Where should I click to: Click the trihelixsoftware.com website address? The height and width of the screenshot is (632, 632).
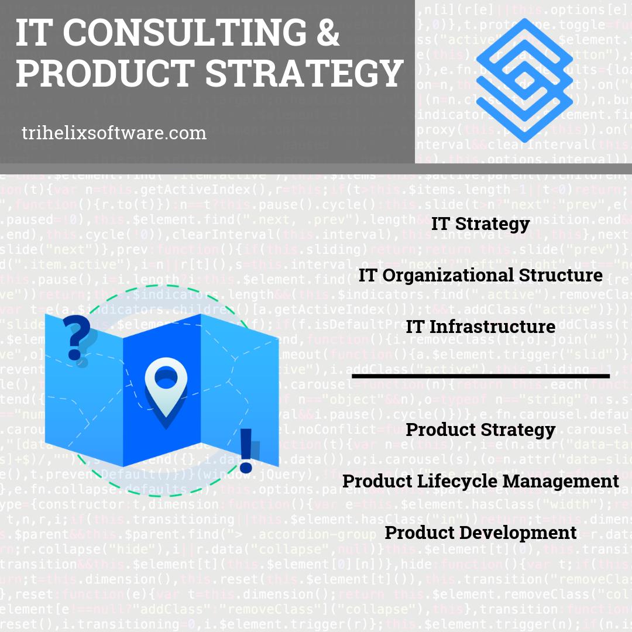[114, 133]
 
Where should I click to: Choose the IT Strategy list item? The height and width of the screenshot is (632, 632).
[480, 224]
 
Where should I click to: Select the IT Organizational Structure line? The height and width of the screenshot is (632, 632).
[480, 275]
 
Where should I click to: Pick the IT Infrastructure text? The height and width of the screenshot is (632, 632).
[480, 326]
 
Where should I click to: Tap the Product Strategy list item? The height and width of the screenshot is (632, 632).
[480, 430]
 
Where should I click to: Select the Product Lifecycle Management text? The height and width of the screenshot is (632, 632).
[480, 481]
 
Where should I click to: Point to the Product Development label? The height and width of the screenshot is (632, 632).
[480, 533]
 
